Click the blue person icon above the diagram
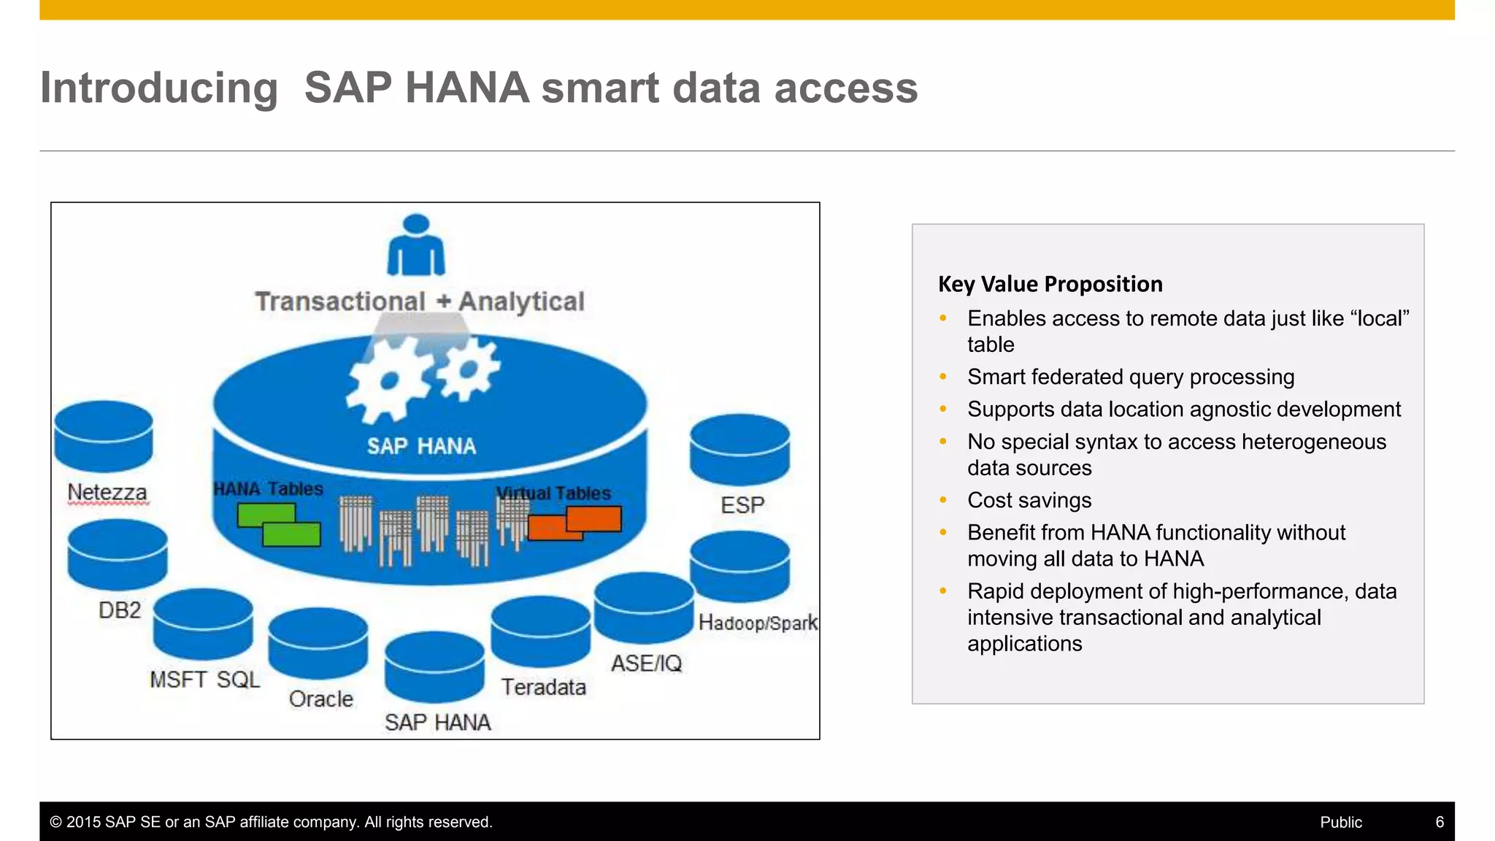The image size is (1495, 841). (x=415, y=247)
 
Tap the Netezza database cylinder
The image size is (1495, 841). (x=104, y=437)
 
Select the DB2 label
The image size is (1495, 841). (x=120, y=610)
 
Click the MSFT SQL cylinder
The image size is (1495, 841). (x=203, y=625)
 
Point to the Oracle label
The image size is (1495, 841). (x=321, y=699)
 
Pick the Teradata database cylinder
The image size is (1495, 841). (x=540, y=631)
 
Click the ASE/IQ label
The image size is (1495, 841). (x=647, y=664)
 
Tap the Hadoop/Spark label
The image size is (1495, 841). (x=758, y=623)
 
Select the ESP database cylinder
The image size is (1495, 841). (x=739, y=450)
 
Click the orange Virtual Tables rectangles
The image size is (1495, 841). (x=575, y=523)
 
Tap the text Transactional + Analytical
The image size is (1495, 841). (x=420, y=302)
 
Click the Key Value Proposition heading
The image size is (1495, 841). (x=1050, y=284)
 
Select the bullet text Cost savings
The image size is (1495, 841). (x=1029, y=500)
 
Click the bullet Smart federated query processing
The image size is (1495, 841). (x=1131, y=377)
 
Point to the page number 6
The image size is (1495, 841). (x=1440, y=822)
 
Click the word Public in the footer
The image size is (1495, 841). (x=1341, y=822)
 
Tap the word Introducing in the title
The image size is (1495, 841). (x=159, y=88)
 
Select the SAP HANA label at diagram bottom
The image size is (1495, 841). (x=437, y=723)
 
